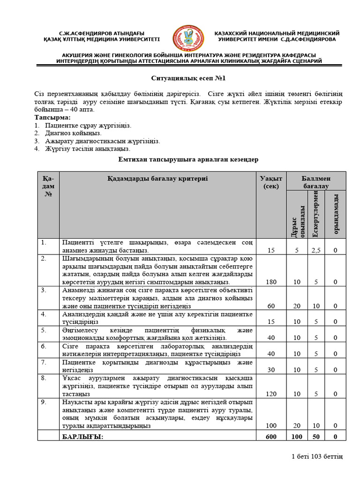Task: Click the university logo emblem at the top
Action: [188, 39]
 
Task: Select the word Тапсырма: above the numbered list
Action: [52, 117]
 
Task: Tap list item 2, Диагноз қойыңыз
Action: [73, 133]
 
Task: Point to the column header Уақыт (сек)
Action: [271, 182]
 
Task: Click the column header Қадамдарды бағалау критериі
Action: [157, 179]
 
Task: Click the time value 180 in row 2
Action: [271, 282]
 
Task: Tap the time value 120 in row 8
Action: [271, 394]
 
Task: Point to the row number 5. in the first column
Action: [44, 330]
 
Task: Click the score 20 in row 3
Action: [297, 306]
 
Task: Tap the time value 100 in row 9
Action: [271, 425]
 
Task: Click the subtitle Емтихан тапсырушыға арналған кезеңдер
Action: [187, 160]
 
